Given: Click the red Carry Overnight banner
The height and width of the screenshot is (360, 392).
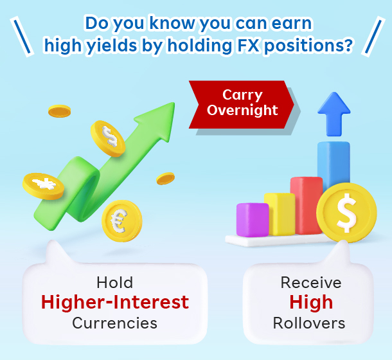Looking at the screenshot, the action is pos(242,105).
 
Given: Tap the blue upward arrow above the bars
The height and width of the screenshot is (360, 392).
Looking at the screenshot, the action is pos(334,114).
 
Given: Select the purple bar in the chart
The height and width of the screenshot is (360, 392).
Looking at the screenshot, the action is pos(253,220).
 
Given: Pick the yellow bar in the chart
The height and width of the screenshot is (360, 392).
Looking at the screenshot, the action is pos(280,214).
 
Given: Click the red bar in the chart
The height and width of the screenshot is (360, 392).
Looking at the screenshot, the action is pos(307,205).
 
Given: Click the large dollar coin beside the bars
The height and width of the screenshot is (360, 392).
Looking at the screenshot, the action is pos(346,213).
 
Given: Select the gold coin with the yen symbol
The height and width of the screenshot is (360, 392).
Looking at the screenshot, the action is pos(43,186).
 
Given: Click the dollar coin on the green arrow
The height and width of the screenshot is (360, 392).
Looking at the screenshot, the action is pos(108,138).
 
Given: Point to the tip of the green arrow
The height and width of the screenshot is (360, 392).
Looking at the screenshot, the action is pos(174,103).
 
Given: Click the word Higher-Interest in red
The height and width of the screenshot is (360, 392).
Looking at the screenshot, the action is pos(115,302).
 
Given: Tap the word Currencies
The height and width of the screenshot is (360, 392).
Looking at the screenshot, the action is pos(115,323).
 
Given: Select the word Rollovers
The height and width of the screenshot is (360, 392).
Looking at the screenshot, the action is pos(309,323).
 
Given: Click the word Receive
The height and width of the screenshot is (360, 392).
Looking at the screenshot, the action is pos(311,283).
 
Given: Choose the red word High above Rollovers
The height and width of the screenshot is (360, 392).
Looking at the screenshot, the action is pos(311,302).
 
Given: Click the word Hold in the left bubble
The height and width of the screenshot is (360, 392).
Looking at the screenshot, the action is pos(115,283).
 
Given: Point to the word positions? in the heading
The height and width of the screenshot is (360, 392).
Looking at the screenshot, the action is pos(308,46).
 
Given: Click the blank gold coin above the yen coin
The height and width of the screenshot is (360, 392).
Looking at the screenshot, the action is pos(60,111).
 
